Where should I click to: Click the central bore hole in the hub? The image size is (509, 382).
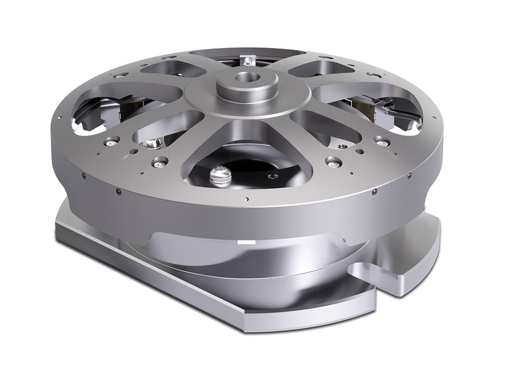point(245,76)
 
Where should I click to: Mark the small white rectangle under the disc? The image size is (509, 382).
point(244,243)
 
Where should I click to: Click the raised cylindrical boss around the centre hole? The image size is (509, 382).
point(244,83)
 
